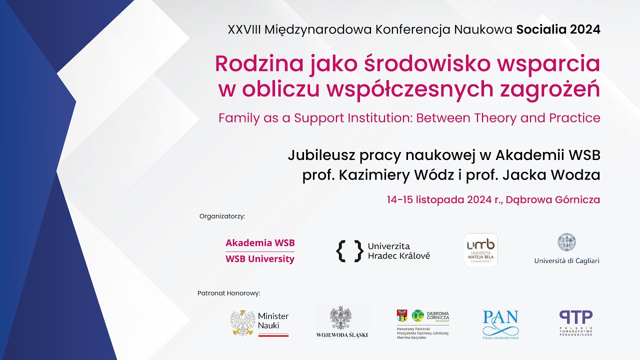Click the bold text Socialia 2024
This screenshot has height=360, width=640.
558,29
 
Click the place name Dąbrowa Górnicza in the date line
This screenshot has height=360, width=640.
552,199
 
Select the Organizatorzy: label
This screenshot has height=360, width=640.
222,216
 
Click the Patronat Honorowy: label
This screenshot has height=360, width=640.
229,293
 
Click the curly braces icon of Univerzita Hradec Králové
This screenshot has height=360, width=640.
349,251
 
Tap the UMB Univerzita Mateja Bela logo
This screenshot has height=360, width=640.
480,249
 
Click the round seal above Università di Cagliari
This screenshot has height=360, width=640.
566,242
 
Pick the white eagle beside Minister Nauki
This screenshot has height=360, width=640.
243,322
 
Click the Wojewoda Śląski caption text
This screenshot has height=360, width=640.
342,335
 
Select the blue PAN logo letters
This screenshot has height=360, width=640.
500,318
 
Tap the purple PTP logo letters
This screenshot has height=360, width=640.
575,317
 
